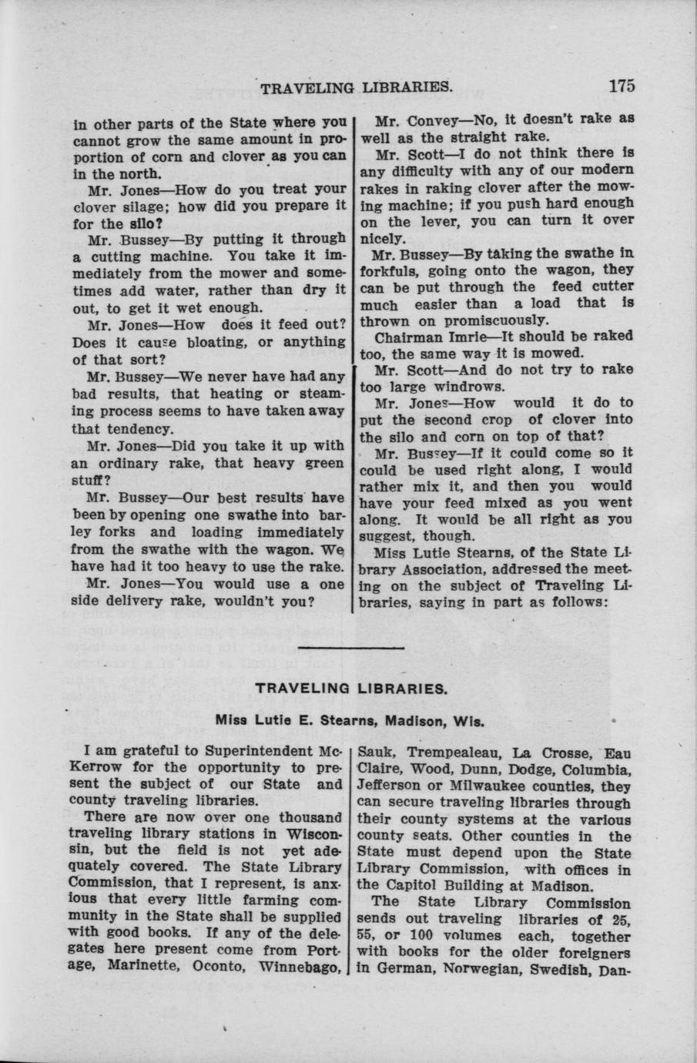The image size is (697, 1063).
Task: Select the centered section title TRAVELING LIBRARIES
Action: (x=350, y=689)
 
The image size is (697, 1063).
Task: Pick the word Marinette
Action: (x=139, y=967)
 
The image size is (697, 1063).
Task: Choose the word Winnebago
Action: (x=300, y=967)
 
